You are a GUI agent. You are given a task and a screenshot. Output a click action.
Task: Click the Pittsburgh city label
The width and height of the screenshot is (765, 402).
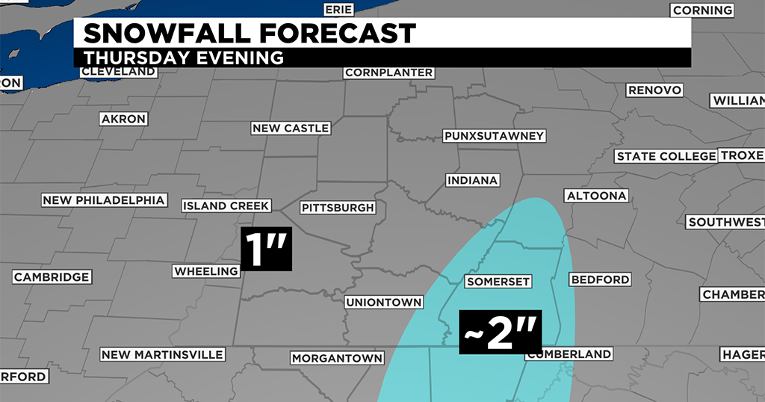(x=337, y=207)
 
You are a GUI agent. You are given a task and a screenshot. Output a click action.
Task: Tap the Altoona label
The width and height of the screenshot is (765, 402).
(x=597, y=196)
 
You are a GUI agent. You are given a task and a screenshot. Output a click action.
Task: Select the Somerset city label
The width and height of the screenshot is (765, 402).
(x=498, y=282)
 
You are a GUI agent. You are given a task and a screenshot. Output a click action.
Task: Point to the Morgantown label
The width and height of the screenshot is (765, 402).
(x=337, y=358)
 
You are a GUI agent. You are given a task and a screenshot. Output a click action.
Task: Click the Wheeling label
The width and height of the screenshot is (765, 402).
(x=205, y=271)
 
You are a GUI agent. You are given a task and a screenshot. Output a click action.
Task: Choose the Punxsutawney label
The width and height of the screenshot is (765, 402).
(x=494, y=136)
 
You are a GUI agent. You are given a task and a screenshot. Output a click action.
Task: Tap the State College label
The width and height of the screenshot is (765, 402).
(x=666, y=156)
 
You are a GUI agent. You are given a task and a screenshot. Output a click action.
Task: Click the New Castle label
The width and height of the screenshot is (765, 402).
(x=291, y=129)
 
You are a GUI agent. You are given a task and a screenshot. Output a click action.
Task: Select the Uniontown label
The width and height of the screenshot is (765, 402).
(x=384, y=303)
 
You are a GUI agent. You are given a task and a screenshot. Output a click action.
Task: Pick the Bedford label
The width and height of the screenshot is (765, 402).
(x=600, y=279)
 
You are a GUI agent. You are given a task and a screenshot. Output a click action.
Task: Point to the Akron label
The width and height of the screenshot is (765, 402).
(x=123, y=119)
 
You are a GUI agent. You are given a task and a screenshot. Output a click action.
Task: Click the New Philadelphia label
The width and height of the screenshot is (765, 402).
(x=103, y=200)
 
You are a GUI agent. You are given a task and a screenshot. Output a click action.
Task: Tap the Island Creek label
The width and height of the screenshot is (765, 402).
(x=226, y=205)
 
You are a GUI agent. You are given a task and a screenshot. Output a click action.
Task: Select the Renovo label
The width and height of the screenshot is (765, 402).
(x=654, y=90)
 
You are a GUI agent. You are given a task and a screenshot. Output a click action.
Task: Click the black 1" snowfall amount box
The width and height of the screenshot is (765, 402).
(x=265, y=250)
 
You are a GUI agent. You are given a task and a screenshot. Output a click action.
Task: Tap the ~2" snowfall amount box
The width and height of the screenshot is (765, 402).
(x=501, y=332)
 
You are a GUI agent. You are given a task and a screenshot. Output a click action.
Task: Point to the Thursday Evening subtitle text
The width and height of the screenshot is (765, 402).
(x=184, y=58)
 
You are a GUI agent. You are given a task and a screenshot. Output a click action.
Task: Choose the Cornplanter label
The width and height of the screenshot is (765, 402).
(x=388, y=72)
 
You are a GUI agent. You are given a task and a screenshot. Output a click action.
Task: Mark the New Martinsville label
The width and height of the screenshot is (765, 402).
(x=162, y=354)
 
